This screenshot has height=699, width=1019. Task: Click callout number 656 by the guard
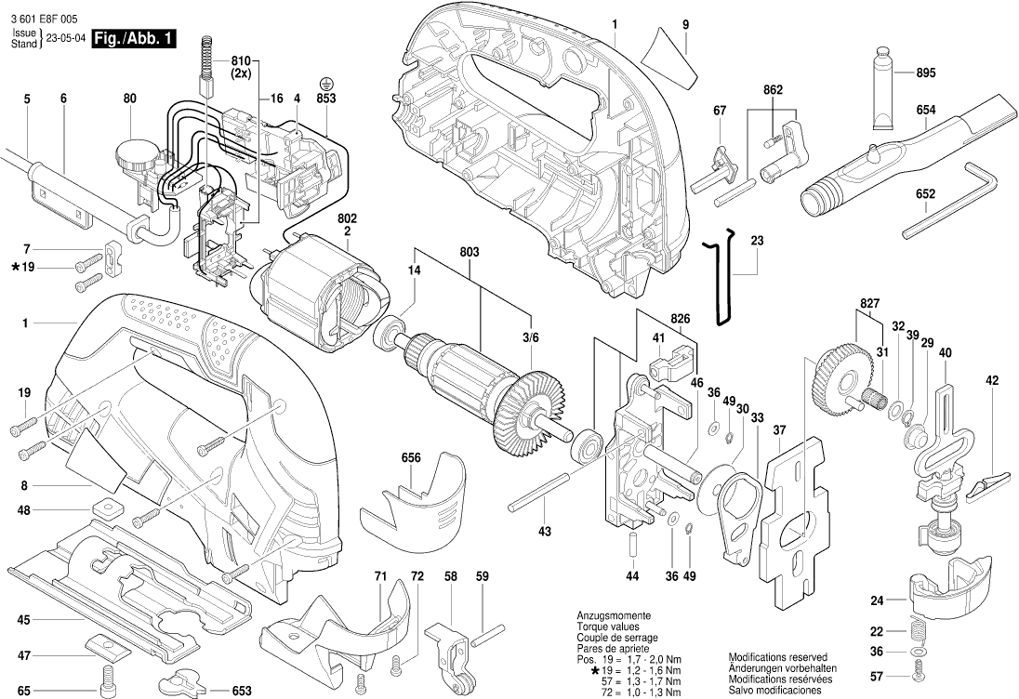point(411,457)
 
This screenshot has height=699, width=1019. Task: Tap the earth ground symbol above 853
point(326,83)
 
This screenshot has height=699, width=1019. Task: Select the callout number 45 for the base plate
point(24,619)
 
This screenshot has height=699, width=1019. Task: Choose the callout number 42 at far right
point(992,380)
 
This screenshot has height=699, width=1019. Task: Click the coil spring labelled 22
point(918,631)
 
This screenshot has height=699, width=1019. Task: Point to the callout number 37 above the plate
point(779,429)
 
